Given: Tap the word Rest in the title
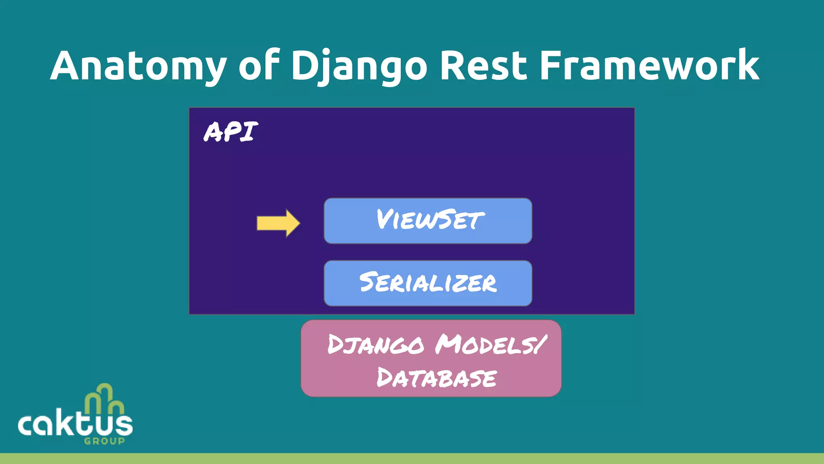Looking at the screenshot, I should (x=483, y=66).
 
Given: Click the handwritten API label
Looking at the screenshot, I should (x=231, y=132).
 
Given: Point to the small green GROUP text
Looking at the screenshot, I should (x=104, y=441).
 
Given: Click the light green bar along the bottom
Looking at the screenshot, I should (x=412, y=458).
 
